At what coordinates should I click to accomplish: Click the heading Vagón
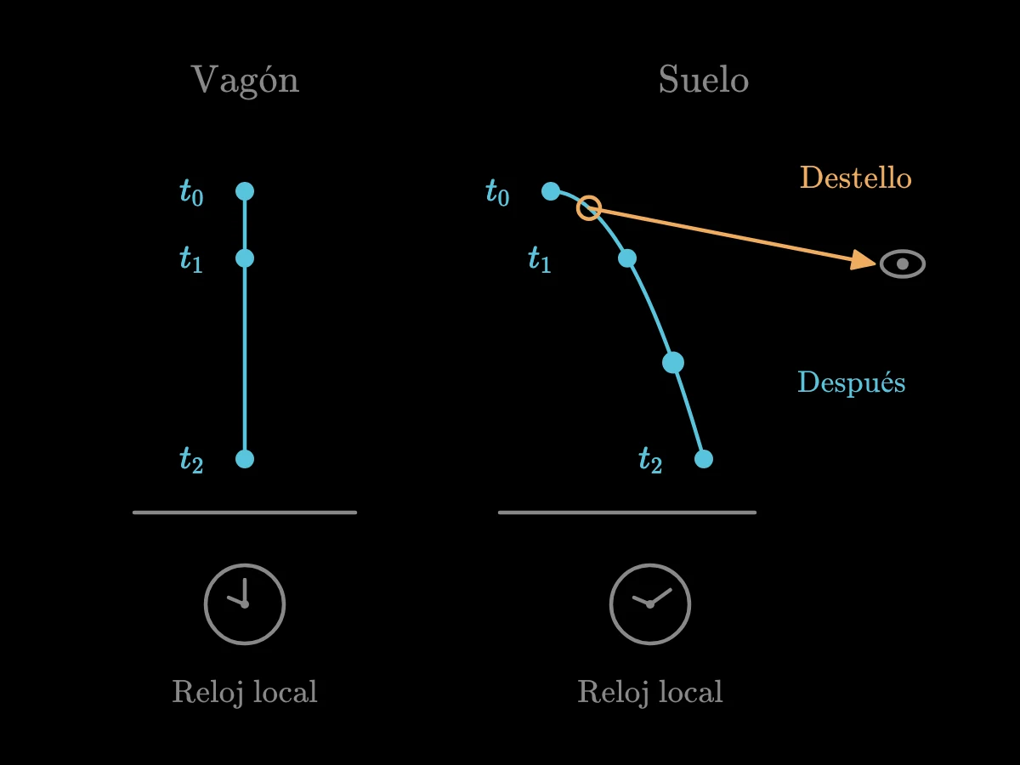point(245,81)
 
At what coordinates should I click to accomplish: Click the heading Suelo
point(704,79)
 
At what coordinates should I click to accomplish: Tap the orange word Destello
point(855,178)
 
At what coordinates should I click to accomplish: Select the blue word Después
point(852,382)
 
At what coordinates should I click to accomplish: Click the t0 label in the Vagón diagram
point(191,192)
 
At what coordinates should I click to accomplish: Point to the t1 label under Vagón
point(191,258)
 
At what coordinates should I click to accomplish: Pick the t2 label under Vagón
point(191,460)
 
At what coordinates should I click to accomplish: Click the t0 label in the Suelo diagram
point(498,192)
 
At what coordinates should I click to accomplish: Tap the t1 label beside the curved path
point(540,258)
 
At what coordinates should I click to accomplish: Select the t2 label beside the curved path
point(650,460)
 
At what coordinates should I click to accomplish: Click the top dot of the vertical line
point(245,191)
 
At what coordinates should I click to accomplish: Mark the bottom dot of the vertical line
point(245,459)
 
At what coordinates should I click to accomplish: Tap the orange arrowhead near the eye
point(863,260)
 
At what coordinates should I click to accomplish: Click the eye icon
point(903,263)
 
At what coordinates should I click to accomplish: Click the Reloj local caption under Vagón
point(245,692)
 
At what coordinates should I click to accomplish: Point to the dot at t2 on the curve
point(704,459)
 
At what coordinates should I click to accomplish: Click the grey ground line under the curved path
point(627,513)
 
